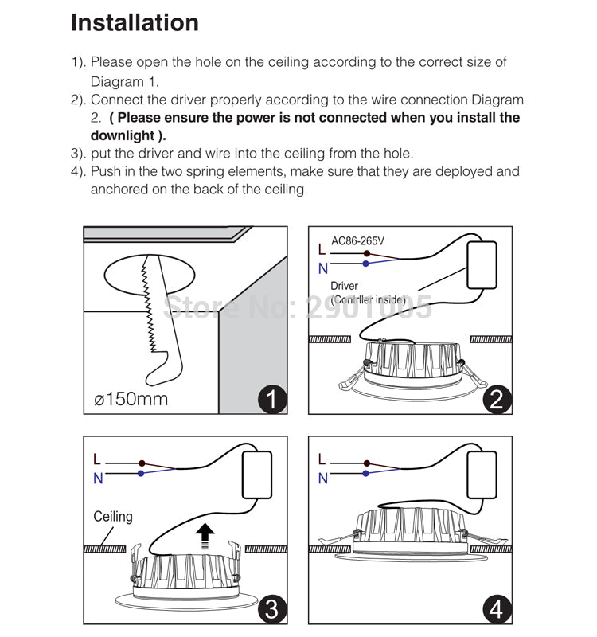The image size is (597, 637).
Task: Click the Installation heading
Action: coord(135,22)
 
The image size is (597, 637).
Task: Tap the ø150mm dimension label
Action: coord(131,398)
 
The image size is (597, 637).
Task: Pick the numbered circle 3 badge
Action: coord(272,610)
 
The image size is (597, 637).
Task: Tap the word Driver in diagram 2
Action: coord(344,286)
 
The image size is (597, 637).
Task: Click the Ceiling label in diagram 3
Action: coord(113,517)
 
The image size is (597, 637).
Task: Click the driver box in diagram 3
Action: coord(258,475)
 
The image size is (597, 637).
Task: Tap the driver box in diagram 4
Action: coord(482,475)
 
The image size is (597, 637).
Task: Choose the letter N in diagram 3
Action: coord(98,479)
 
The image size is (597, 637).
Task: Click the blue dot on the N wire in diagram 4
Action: coord(366,473)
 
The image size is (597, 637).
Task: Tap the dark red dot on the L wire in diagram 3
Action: coord(142,463)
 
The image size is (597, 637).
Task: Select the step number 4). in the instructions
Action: coord(78,171)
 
